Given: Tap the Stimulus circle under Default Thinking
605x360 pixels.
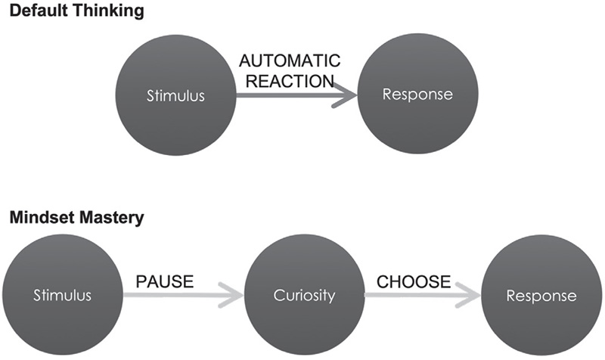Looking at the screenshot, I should click(175, 95).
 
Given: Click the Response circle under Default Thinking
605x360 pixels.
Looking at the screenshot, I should click(417, 95).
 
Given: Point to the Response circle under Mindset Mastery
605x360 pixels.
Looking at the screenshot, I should click(541, 296).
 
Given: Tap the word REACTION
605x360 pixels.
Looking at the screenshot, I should click(290, 81).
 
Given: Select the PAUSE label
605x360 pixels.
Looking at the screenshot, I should click(164, 282).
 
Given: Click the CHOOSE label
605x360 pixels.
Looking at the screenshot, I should click(412, 282).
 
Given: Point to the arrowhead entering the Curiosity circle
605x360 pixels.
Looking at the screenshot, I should click(231, 296).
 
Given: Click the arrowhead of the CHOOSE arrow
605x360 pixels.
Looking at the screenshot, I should click(470, 296).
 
